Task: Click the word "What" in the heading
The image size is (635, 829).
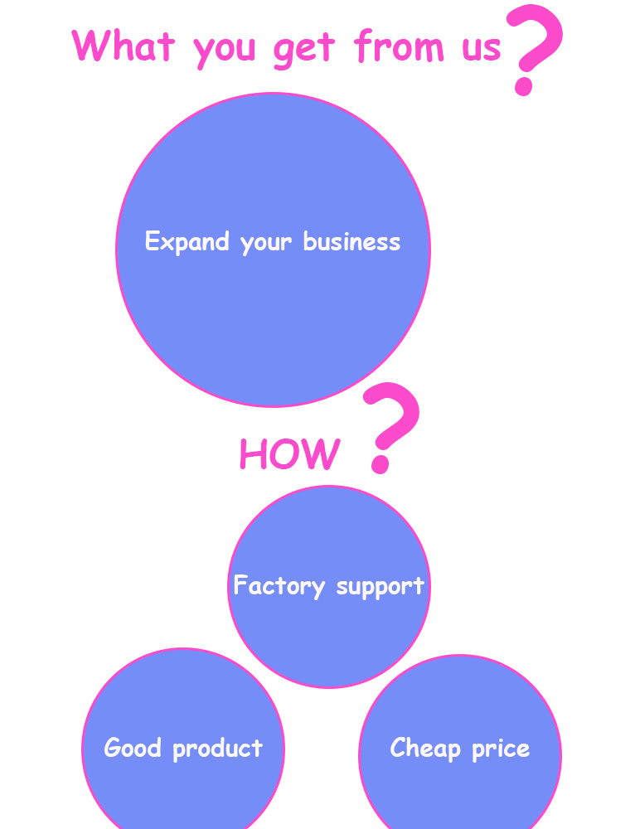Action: point(124,45)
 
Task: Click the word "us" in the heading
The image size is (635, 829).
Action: point(481,48)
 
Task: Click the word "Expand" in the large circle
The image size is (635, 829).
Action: point(187,242)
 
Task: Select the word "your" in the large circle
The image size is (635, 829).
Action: point(266,243)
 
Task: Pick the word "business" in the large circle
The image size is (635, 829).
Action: point(351,241)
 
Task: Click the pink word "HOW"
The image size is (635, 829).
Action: point(289,454)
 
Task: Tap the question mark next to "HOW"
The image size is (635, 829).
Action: point(390,426)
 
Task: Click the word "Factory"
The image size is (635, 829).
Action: point(279,586)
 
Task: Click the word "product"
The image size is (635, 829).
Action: point(218,749)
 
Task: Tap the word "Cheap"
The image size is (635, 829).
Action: point(425,749)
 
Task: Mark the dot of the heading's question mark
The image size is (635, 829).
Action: point(523,85)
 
